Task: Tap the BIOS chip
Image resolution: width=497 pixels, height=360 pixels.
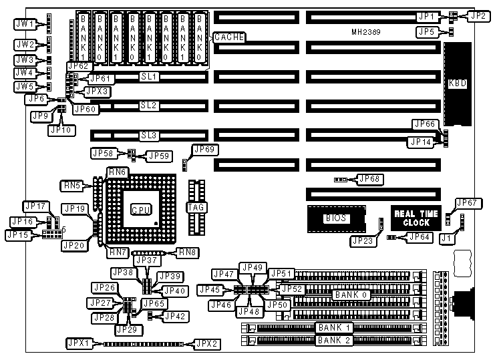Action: (x=334, y=218)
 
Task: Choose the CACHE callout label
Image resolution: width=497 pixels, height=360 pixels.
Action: (x=228, y=37)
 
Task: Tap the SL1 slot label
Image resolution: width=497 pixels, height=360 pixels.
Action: (x=148, y=77)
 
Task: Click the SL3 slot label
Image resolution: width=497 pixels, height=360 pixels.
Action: (x=148, y=136)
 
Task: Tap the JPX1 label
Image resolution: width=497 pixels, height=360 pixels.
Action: (x=79, y=343)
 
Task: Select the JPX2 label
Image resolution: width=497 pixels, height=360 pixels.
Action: (x=204, y=343)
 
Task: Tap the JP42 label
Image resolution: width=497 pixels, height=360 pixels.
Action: (x=175, y=316)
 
